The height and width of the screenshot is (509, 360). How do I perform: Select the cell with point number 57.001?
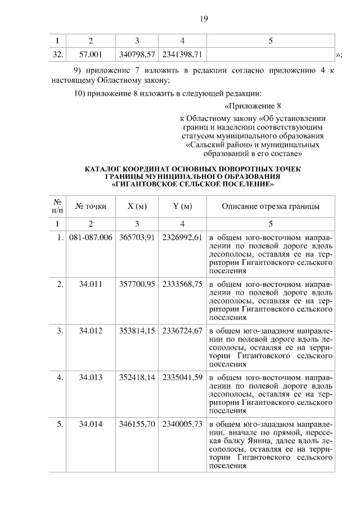tap(91, 54)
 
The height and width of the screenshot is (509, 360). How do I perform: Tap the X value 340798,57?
tap(137, 54)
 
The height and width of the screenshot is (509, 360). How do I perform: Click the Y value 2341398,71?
tap(182, 54)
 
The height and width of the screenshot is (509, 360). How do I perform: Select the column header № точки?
tap(91, 206)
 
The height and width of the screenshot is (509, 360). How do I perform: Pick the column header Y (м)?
tap(182, 206)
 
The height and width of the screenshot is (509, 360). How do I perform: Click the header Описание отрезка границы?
tap(271, 206)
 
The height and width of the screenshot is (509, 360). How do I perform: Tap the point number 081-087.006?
tap(91, 237)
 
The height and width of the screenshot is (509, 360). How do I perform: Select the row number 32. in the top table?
tap(57, 54)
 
